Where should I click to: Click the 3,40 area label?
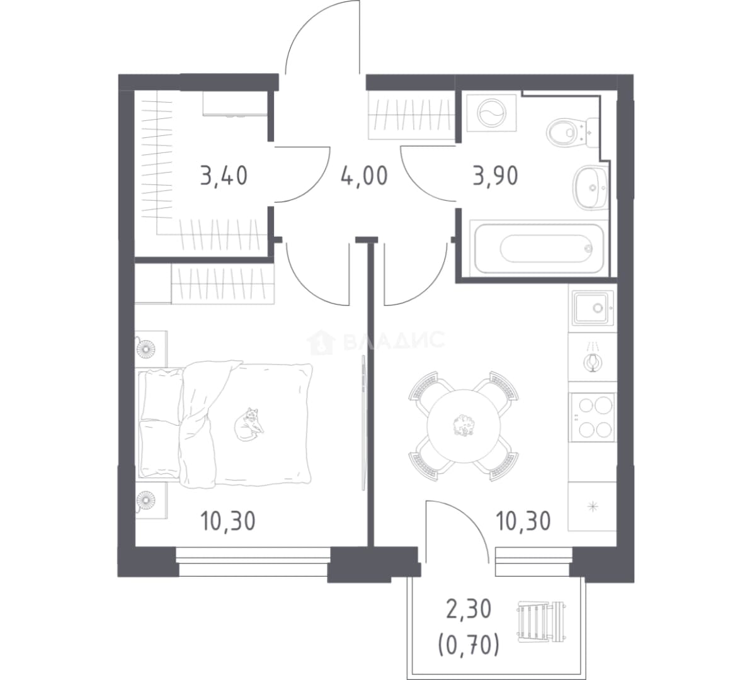coord(224,176)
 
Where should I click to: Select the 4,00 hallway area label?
coord(365,176)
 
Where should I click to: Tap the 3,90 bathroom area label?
coord(496,176)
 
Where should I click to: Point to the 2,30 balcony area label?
coord(469,610)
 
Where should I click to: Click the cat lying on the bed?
coord(248,424)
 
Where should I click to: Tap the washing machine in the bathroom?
coord(492,113)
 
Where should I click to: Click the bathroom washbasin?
coord(590,188)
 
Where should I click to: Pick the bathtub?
coord(537,248)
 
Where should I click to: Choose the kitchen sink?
coord(592,307)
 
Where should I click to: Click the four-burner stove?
coord(592,417)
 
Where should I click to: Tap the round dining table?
coord(464,426)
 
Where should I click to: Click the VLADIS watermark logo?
coord(375,341)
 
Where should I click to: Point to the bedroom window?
coord(254,561)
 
